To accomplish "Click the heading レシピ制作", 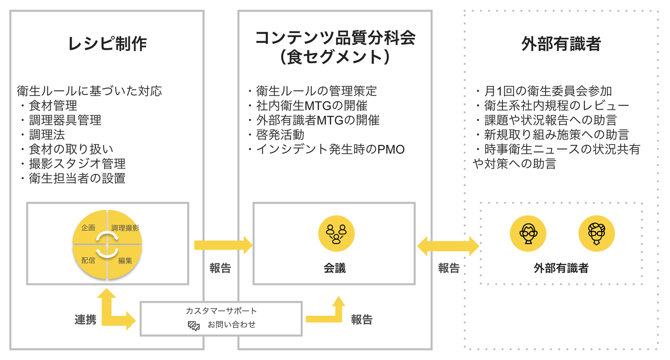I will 107,44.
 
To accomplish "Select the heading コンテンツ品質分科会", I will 335,38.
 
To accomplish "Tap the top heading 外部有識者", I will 561,44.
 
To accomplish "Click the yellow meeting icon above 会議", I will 336,233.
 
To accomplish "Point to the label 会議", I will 335,268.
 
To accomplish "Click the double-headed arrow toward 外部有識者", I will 448,246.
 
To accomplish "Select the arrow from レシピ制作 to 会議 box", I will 222,245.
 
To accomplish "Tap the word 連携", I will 86,320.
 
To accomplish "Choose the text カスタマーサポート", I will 221,311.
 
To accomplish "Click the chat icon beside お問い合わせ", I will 194,325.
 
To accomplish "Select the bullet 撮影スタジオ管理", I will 77,163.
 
